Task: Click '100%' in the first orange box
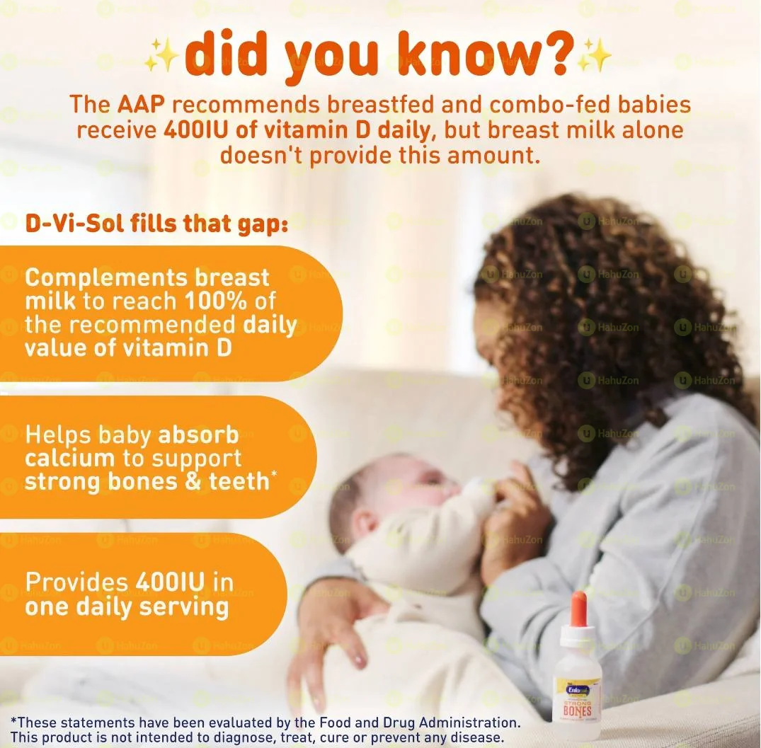217,301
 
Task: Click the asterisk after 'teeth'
273,475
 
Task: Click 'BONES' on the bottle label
577,709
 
